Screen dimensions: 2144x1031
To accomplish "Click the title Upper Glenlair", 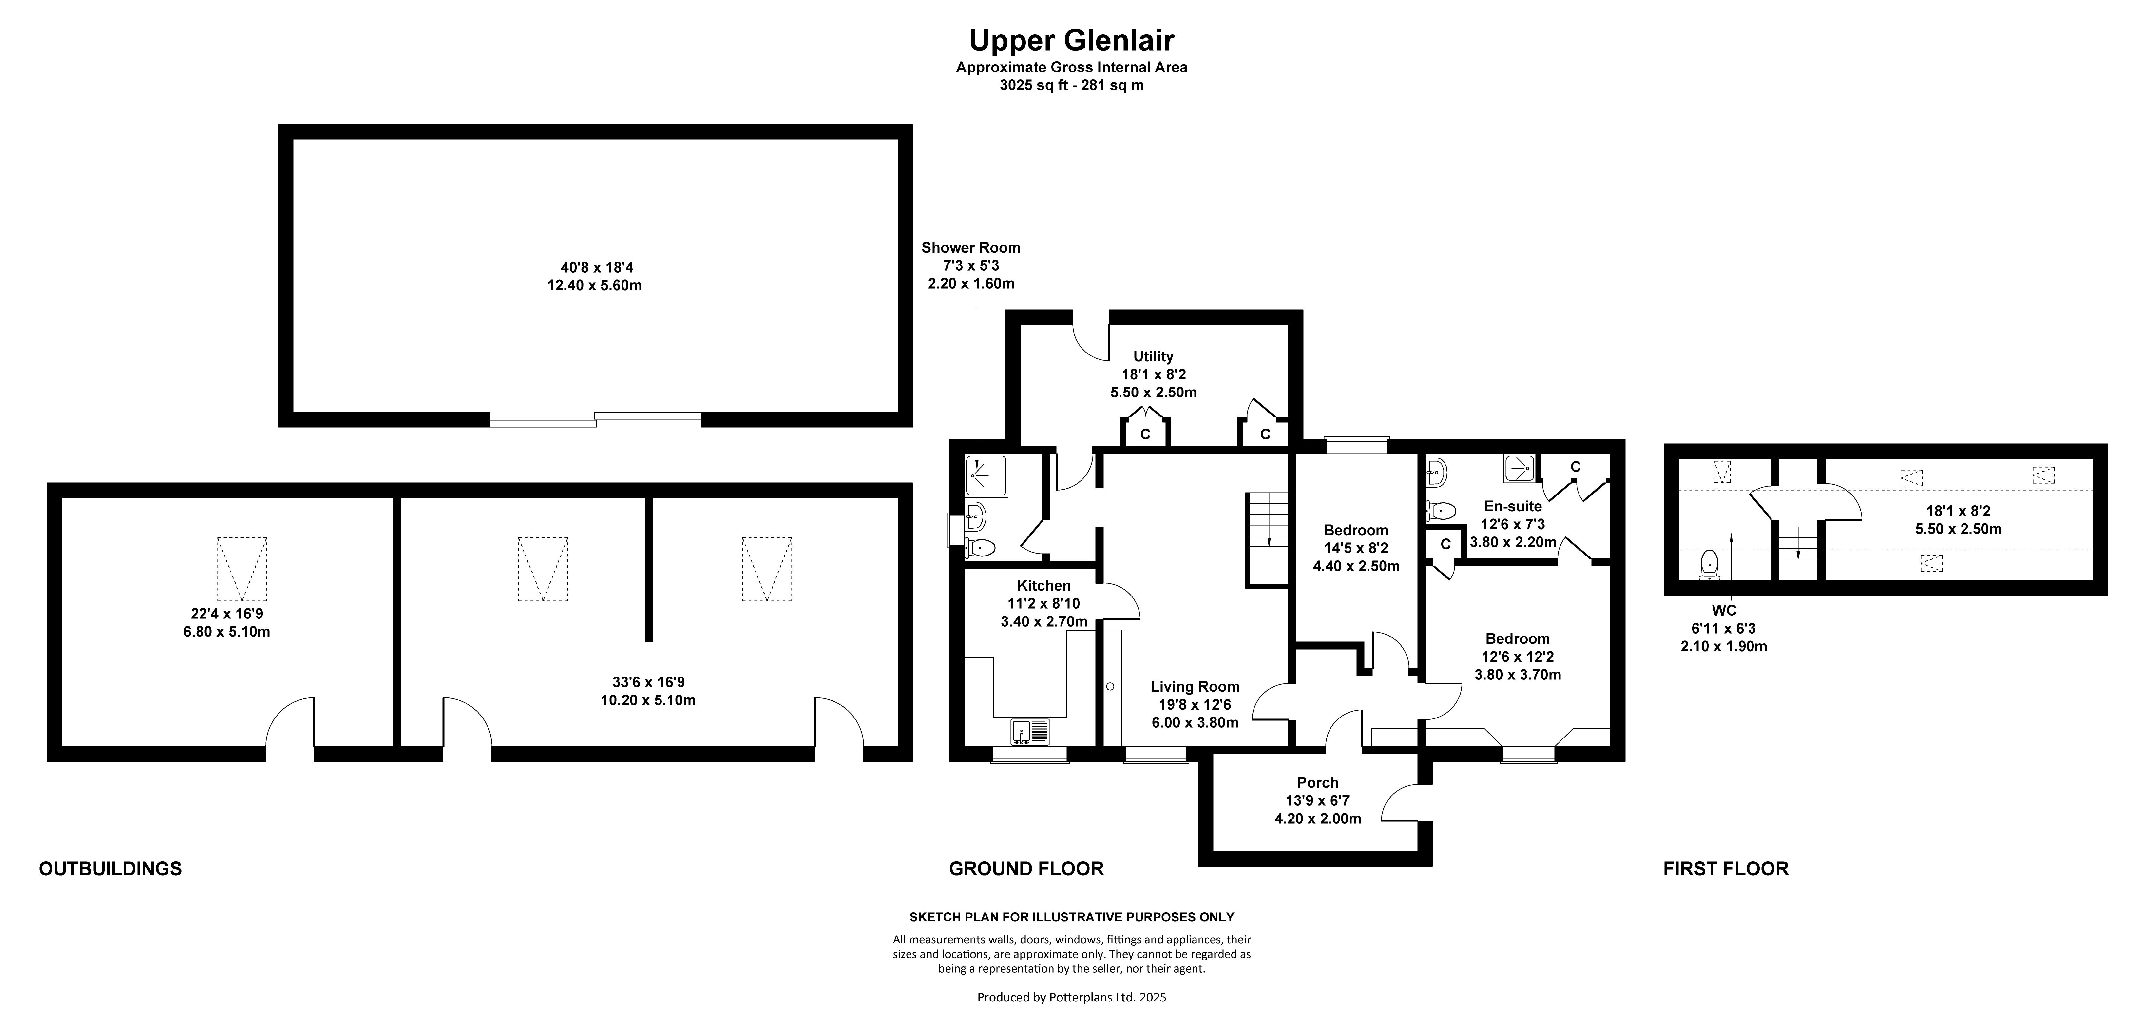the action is [x=1071, y=40].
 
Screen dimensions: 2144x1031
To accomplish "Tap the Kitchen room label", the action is [x=1044, y=585].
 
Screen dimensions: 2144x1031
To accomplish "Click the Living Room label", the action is [x=1194, y=686].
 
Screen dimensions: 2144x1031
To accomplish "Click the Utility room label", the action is [x=1153, y=356].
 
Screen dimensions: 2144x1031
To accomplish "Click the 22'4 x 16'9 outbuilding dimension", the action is [x=226, y=614].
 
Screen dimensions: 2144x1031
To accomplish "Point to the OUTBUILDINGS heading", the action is [x=110, y=869].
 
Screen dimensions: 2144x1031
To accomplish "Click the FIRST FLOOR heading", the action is [x=1725, y=869].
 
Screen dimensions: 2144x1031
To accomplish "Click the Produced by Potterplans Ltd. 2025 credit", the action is [x=1071, y=997].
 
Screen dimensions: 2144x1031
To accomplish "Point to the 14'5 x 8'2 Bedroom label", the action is [x=1356, y=548].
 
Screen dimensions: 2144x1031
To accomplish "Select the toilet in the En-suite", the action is [x=1440, y=510].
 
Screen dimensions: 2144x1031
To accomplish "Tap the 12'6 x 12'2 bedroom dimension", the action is [x=1517, y=656].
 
